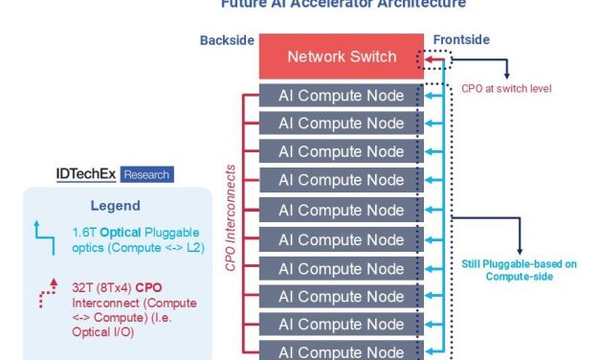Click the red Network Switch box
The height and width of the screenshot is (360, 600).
click(x=342, y=56)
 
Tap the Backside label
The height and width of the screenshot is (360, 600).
click(x=226, y=40)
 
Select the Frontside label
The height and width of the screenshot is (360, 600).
click(x=462, y=40)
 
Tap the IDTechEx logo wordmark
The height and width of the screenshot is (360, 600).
click(x=88, y=174)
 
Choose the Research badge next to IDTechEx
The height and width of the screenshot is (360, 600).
click(x=146, y=174)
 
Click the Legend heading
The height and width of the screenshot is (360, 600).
click(x=115, y=206)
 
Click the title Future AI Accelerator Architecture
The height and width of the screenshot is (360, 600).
click(x=344, y=5)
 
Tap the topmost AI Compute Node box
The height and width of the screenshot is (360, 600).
click(x=341, y=96)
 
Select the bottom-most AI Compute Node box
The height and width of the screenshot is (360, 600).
click(x=341, y=352)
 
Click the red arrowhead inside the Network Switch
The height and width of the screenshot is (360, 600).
click(x=432, y=59)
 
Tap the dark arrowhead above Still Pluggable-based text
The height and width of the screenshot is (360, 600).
click(x=519, y=250)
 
